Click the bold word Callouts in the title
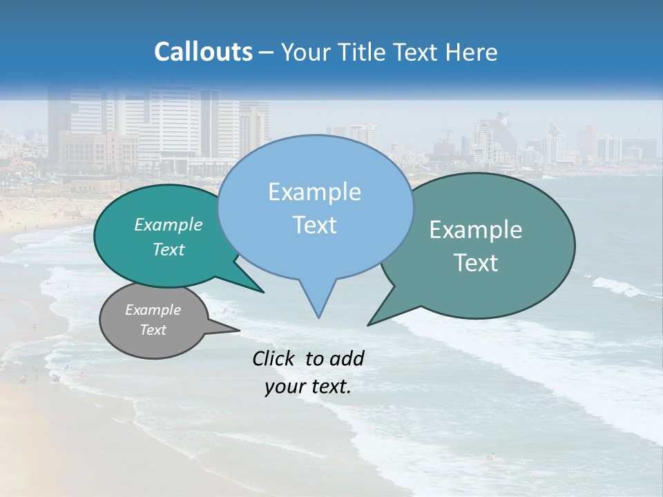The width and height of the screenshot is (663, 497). (203, 52)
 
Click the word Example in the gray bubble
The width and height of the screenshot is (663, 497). (153, 310)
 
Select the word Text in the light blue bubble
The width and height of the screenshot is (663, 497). (315, 225)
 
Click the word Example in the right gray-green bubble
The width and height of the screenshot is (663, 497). (476, 230)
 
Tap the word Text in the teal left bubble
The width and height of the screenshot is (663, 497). (169, 249)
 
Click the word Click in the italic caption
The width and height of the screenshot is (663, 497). (274, 358)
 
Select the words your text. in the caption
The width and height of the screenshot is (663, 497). (308, 387)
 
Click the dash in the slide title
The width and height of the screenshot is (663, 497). (267, 52)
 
